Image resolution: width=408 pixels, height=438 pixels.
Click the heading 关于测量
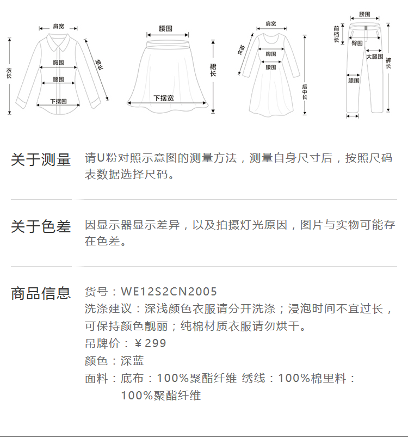click(x=41, y=160)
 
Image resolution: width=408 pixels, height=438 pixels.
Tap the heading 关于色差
click(x=41, y=227)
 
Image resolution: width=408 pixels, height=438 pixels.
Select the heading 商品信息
click(x=41, y=293)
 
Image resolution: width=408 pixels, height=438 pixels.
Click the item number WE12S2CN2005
click(x=169, y=292)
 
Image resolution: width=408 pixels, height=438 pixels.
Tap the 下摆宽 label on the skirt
click(x=163, y=98)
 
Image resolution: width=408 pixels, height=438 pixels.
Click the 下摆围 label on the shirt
click(x=58, y=101)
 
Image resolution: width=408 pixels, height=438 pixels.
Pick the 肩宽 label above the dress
click(x=270, y=23)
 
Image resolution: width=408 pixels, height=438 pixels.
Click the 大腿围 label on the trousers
click(x=374, y=57)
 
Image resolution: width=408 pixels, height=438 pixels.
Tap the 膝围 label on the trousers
click(x=353, y=81)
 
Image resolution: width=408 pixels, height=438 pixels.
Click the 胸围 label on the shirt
click(x=58, y=63)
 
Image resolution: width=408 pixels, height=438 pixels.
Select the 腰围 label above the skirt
click(x=165, y=28)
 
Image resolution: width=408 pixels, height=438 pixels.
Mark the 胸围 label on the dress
click(x=270, y=53)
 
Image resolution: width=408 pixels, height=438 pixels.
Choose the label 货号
click(x=96, y=292)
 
